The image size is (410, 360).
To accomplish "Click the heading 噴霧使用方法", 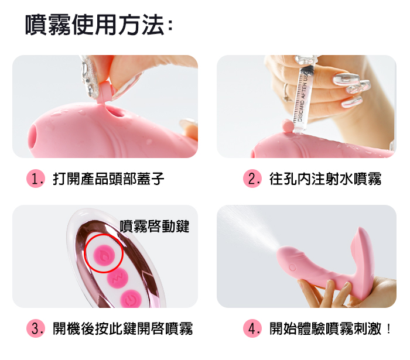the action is [98, 25].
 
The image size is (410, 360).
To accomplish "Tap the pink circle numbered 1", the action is [36, 179].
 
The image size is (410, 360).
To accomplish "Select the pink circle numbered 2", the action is [252, 179].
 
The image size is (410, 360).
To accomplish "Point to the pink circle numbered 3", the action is [36, 328].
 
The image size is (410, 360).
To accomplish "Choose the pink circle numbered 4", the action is [252, 328].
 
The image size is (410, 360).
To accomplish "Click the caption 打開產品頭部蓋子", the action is [108, 179].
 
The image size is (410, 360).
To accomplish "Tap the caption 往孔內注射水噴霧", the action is [325, 179].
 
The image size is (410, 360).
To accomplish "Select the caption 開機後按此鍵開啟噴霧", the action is [122, 328].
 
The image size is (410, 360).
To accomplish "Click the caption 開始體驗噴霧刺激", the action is [325, 328].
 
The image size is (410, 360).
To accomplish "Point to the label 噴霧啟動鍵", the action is [154, 226].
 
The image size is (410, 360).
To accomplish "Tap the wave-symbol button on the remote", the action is [117, 277].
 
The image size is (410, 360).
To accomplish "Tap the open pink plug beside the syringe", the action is [288, 126].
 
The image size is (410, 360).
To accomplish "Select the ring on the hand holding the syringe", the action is [287, 92].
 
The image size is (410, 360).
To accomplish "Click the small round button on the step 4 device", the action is [293, 268].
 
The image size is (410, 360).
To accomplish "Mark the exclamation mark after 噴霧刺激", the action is [389, 328].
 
